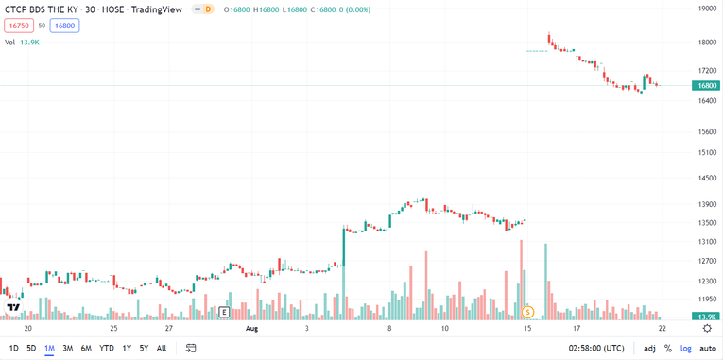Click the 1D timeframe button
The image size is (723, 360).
pyautogui.click(x=14, y=348)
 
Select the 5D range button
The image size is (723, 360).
pyautogui.click(x=31, y=348)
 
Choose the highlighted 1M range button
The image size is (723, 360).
pyautogui.click(x=49, y=348)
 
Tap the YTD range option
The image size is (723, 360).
pyautogui.click(x=107, y=348)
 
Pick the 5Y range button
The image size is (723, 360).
pyautogui.click(x=144, y=348)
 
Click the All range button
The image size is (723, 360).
pyautogui.click(x=162, y=348)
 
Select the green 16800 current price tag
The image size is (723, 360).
pyautogui.click(x=706, y=85)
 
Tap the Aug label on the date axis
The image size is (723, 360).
pyautogui.click(x=251, y=329)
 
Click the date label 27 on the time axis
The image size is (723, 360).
pyautogui.click(x=168, y=329)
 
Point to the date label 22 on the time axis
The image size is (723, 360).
pyautogui.click(x=663, y=329)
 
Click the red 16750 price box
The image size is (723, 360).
pyautogui.click(x=16, y=26)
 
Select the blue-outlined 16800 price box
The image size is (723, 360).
pyautogui.click(x=64, y=26)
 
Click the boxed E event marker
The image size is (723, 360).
pyautogui.click(x=224, y=312)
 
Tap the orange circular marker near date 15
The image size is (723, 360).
pyautogui.click(x=528, y=312)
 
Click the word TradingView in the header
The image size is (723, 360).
pyautogui.click(x=158, y=9)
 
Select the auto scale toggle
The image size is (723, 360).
pyautogui.click(x=708, y=348)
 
